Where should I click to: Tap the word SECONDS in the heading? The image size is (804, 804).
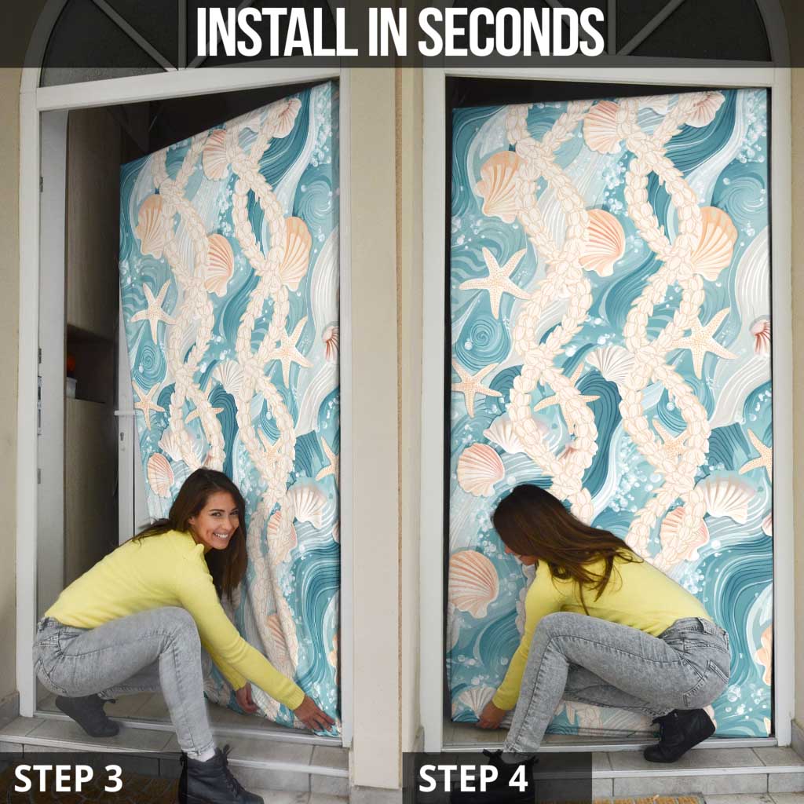pos(511,31)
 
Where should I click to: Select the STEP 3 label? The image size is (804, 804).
pos(68,778)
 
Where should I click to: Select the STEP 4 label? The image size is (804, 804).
pos(473,778)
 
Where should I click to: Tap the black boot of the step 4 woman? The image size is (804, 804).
pos(678,734)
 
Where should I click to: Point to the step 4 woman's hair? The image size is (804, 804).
pos(559,539)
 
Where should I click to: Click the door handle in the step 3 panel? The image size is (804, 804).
pos(125,413)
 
